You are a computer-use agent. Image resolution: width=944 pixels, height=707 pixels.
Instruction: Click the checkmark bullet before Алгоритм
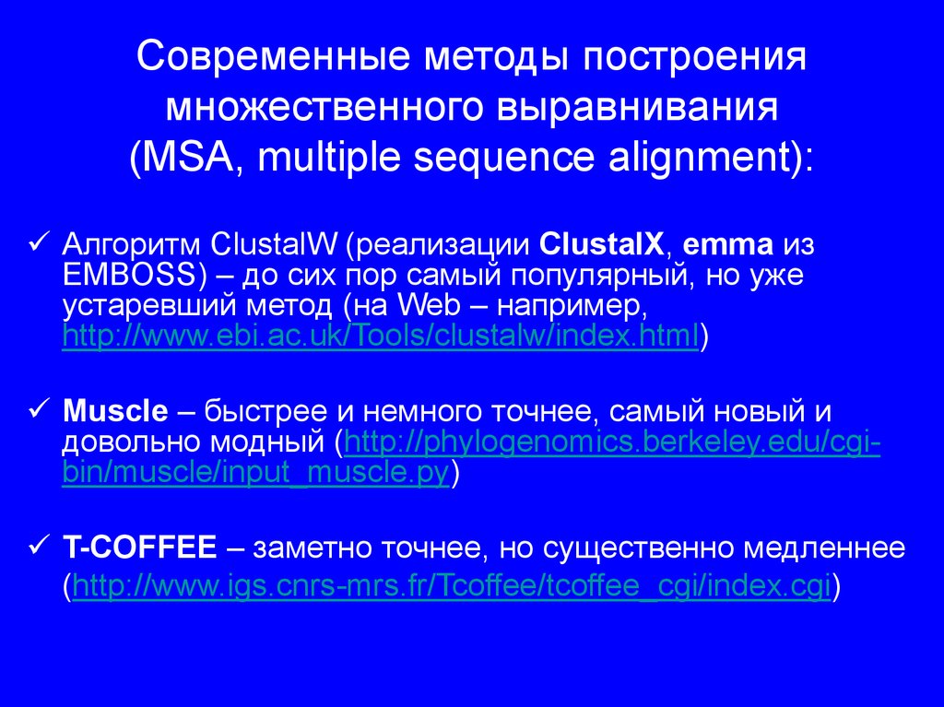pyautogui.click(x=39, y=244)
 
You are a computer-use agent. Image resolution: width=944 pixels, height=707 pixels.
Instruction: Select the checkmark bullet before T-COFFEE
pyautogui.click(x=39, y=547)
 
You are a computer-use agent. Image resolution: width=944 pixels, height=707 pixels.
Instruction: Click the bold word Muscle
pyautogui.click(x=115, y=409)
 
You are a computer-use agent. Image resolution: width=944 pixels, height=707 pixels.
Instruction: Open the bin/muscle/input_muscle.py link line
pyautogui.click(x=255, y=474)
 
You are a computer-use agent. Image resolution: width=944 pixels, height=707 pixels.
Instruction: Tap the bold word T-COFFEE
pyautogui.click(x=138, y=549)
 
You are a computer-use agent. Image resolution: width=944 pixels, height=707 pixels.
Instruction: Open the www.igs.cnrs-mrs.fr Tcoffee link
pyautogui.click(x=452, y=585)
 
